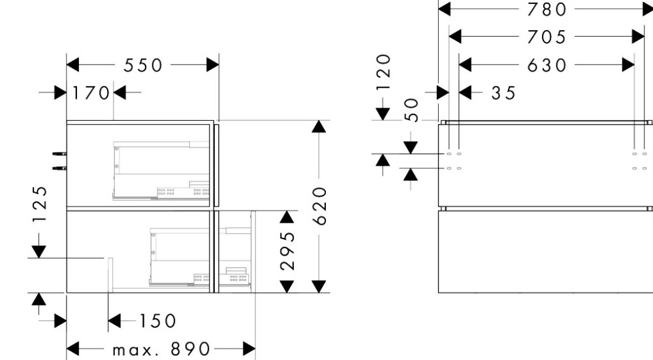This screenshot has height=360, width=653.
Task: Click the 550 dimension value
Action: pos(143,65)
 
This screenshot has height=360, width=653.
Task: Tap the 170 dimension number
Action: pos(91,93)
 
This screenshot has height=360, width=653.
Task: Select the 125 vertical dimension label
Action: pos(40,204)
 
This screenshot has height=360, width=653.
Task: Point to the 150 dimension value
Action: pos(157,321)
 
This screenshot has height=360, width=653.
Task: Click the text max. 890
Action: pos(161,349)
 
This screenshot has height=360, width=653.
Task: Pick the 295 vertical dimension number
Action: pos(288,252)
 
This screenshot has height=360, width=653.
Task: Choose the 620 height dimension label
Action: pos(320,206)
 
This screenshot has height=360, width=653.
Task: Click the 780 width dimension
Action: pos(547,9)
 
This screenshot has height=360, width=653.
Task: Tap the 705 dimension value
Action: pos(547,37)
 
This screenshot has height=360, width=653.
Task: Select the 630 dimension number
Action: pos(547,65)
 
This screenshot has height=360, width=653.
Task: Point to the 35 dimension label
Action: pos(503,93)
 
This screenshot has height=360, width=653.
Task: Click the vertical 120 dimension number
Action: pos(383,72)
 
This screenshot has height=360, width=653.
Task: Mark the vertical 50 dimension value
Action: pos(411,110)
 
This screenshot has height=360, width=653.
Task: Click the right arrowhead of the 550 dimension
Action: pos(213,65)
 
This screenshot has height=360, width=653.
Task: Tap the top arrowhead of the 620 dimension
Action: pos(319,127)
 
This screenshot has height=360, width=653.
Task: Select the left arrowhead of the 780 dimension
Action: pos(445,8)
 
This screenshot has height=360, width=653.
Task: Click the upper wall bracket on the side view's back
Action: pos(59,154)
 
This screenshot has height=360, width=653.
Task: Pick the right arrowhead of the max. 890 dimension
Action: pos(249,349)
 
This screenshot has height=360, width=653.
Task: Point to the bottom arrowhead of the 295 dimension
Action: pos(287,287)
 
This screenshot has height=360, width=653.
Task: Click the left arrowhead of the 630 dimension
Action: pos(465,65)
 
